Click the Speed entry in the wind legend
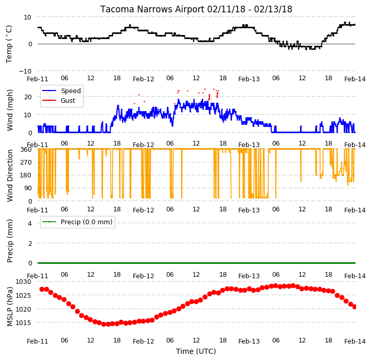pos(70,91)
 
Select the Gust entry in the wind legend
pos(68,100)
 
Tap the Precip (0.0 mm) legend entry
pos(86,222)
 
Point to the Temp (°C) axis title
pos(9,44)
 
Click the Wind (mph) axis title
pos(10,110)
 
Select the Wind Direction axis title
pos(10,175)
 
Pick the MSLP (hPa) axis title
pos(10,307)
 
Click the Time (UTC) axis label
pos(196,351)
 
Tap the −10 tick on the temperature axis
pos(25,71)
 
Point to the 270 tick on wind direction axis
pos(27,163)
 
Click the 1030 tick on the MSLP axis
pos(23,282)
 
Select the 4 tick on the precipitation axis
pos(29,223)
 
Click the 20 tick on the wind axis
pos(28,97)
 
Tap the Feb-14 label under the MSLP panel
pos(355,341)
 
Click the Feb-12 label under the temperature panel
pos(144,79)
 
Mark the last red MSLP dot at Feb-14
pos(355,307)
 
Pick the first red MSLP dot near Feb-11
pos(42,289)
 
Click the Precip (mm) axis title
pos(10,241)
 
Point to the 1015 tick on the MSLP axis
pos(23,322)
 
